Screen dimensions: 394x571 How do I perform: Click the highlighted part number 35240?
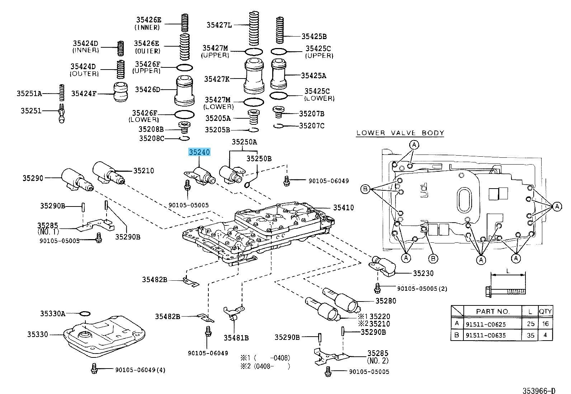pyautogui.click(x=199, y=152)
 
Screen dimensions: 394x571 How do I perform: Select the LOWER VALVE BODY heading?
pyautogui.click(x=400, y=133)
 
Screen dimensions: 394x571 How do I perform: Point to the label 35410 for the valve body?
pyautogui.click(x=343, y=208)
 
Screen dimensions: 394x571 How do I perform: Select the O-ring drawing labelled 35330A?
pyautogui.click(x=85, y=314)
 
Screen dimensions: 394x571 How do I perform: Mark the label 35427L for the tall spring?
pyautogui.click(x=219, y=25)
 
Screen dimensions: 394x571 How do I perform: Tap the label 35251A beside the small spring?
pyautogui.click(x=29, y=94)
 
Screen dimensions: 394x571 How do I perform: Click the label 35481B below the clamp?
pyautogui.click(x=236, y=337)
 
